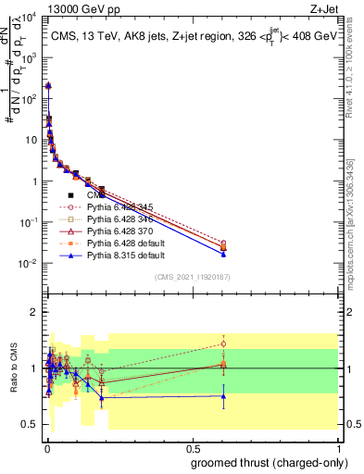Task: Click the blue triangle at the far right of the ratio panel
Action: (x=223, y=396)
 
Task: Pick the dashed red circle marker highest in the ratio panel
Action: (x=223, y=343)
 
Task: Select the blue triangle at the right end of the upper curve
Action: (x=223, y=253)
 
